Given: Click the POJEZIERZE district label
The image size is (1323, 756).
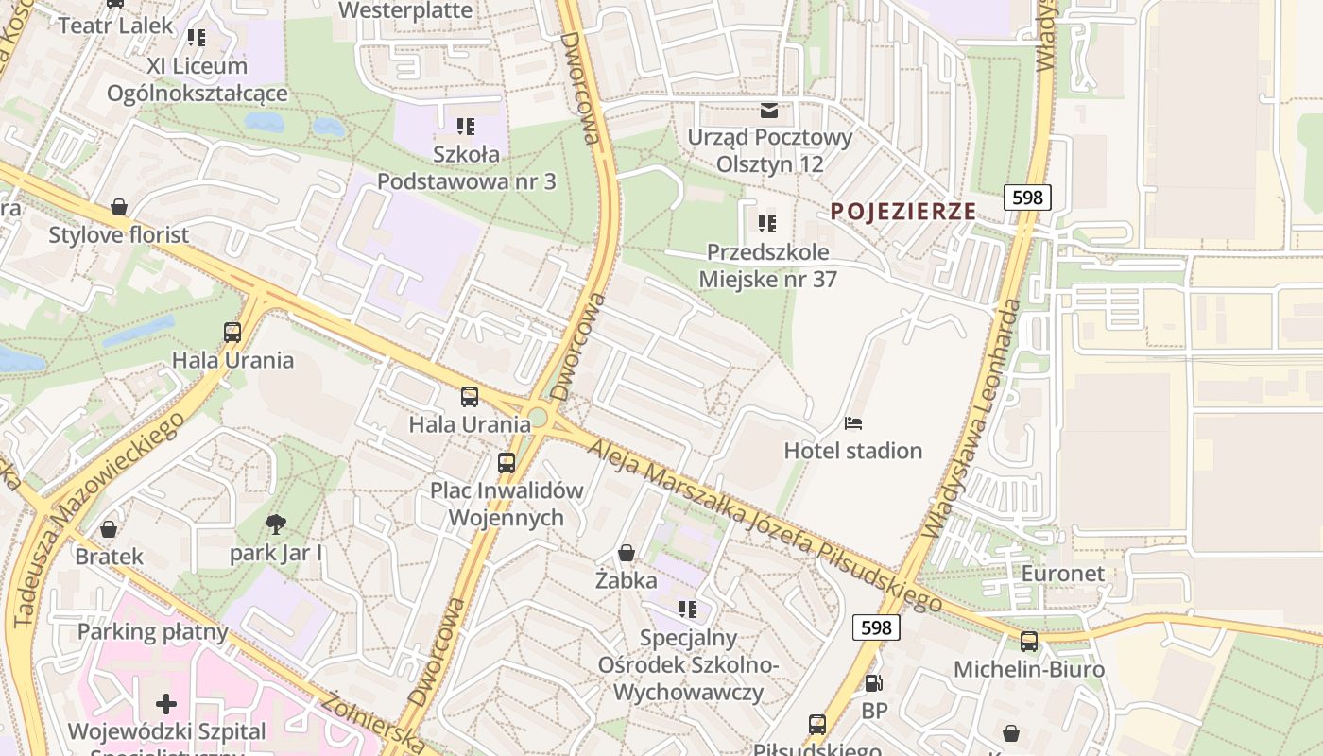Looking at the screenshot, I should tap(902, 212).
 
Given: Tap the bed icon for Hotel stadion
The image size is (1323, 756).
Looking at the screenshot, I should tap(853, 422).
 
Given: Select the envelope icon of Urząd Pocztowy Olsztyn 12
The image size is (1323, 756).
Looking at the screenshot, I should tap(769, 111).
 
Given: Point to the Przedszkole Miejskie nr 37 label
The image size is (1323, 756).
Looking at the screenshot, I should tap(767, 266).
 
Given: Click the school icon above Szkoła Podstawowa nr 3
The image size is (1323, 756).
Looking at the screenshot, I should tap(465, 126).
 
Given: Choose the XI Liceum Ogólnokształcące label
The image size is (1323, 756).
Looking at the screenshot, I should tap(197, 79).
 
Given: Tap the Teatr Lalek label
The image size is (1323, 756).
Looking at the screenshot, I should tap(116, 26).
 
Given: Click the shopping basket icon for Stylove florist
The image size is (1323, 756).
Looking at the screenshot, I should tap(119, 206).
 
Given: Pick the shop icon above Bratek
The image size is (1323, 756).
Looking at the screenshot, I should tap(109, 528).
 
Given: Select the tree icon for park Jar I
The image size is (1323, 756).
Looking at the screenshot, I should tap(276, 524).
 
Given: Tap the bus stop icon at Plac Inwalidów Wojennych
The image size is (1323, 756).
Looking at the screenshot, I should tap(507, 462).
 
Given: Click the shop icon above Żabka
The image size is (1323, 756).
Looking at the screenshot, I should tap(626, 552).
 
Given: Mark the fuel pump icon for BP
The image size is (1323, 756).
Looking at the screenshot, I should tap(874, 682).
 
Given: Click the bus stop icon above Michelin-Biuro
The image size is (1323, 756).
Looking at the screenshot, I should tap(1029, 641).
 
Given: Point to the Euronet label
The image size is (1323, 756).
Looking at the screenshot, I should tap(1063, 574).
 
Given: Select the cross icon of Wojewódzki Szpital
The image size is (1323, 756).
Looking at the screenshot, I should tap(166, 703).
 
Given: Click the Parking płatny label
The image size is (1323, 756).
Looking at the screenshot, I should tap(153, 631).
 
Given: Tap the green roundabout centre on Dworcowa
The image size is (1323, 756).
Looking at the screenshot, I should tap(538, 417).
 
